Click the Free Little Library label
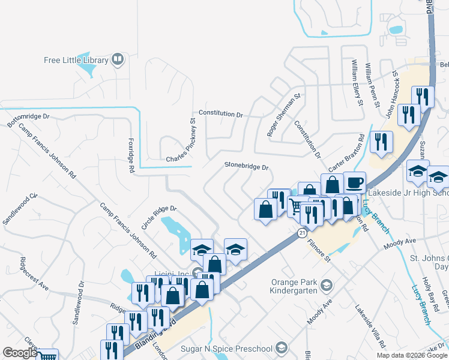(x=75, y=60)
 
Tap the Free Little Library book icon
(x=118, y=59)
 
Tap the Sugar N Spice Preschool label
(x=228, y=349)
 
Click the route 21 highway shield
(x=302, y=232)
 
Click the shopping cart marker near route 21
(x=296, y=206)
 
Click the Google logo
(x=20, y=353)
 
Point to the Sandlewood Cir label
(x=20, y=208)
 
